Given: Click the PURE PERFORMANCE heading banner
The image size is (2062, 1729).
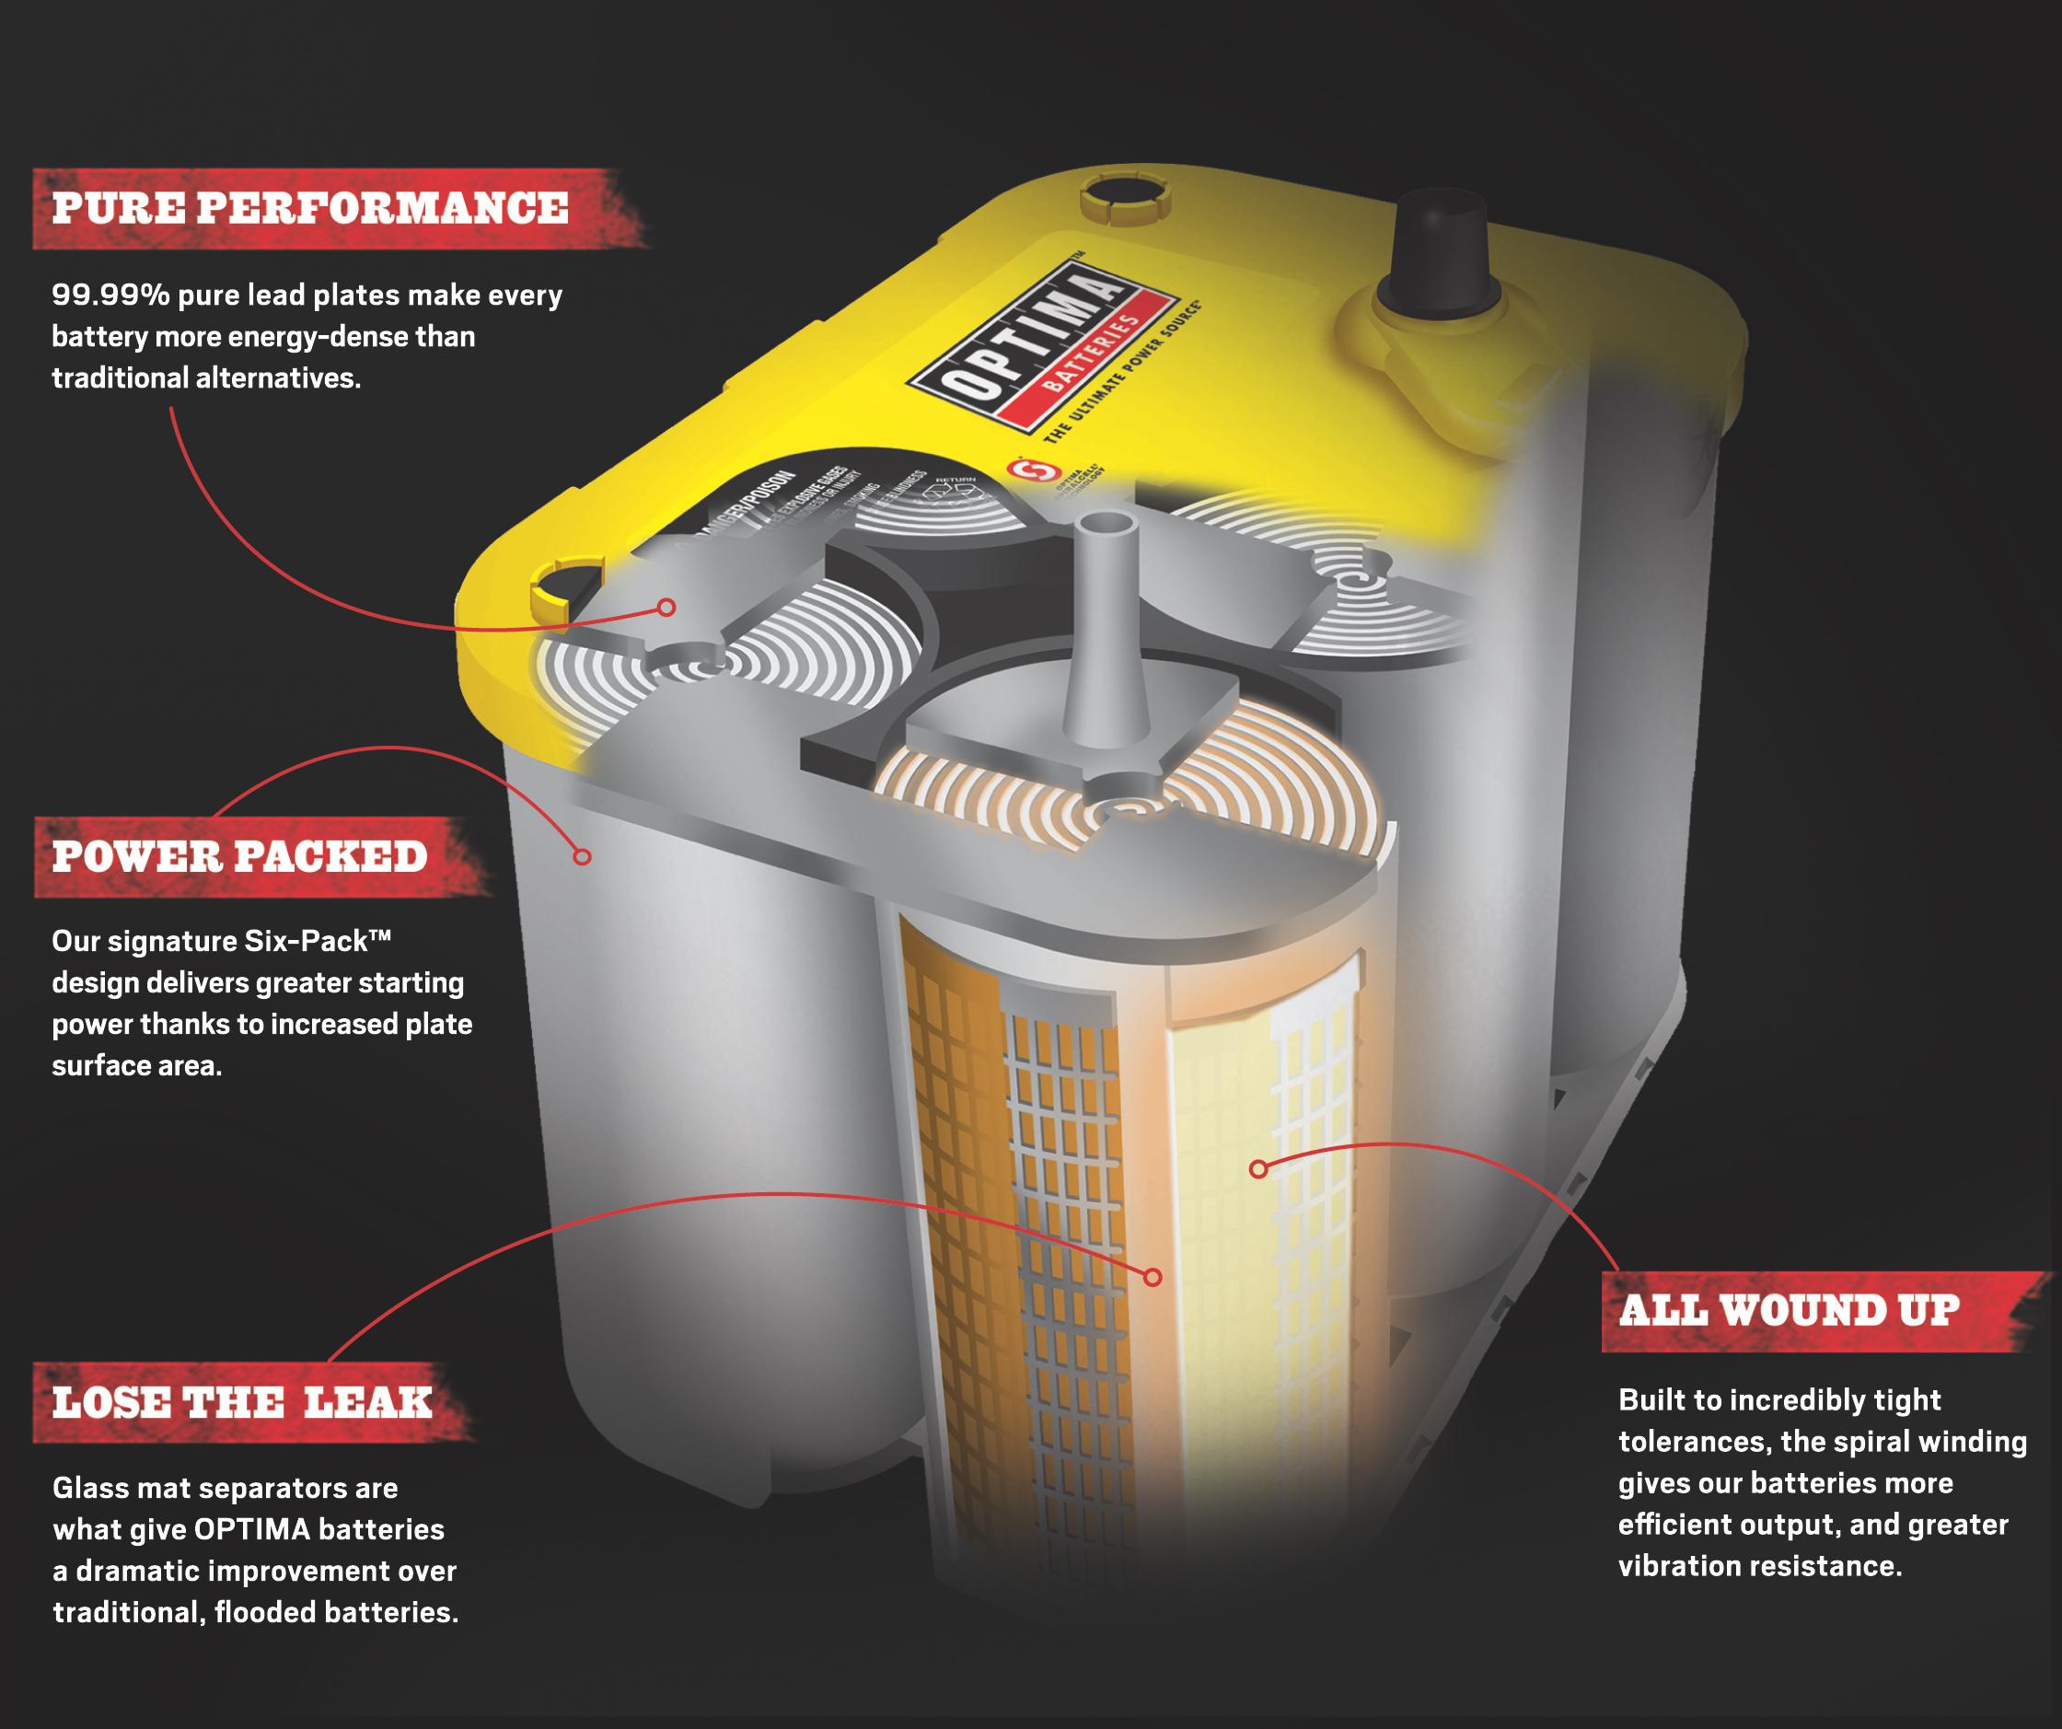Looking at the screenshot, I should click(x=310, y=208).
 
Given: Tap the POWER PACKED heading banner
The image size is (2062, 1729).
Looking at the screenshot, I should click(x=239, y=856).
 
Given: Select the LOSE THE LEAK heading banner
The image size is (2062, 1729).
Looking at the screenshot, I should click(x=242, y=1402).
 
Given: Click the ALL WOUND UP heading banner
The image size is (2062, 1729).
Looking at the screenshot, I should click(x=1789, y=1311).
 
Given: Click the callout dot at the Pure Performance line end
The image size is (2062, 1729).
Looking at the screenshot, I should click(x=666, y=607).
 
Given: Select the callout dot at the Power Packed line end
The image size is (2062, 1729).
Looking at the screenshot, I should click(x=583, y=856).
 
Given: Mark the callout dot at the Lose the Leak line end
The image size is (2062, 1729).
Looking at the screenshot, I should click(x=1153, y=1277).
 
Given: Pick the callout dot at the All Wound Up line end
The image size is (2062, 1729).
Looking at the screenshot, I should click(x=1257, y=1168).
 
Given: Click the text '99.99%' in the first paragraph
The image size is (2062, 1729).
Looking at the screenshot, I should click(x=110, y=296).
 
